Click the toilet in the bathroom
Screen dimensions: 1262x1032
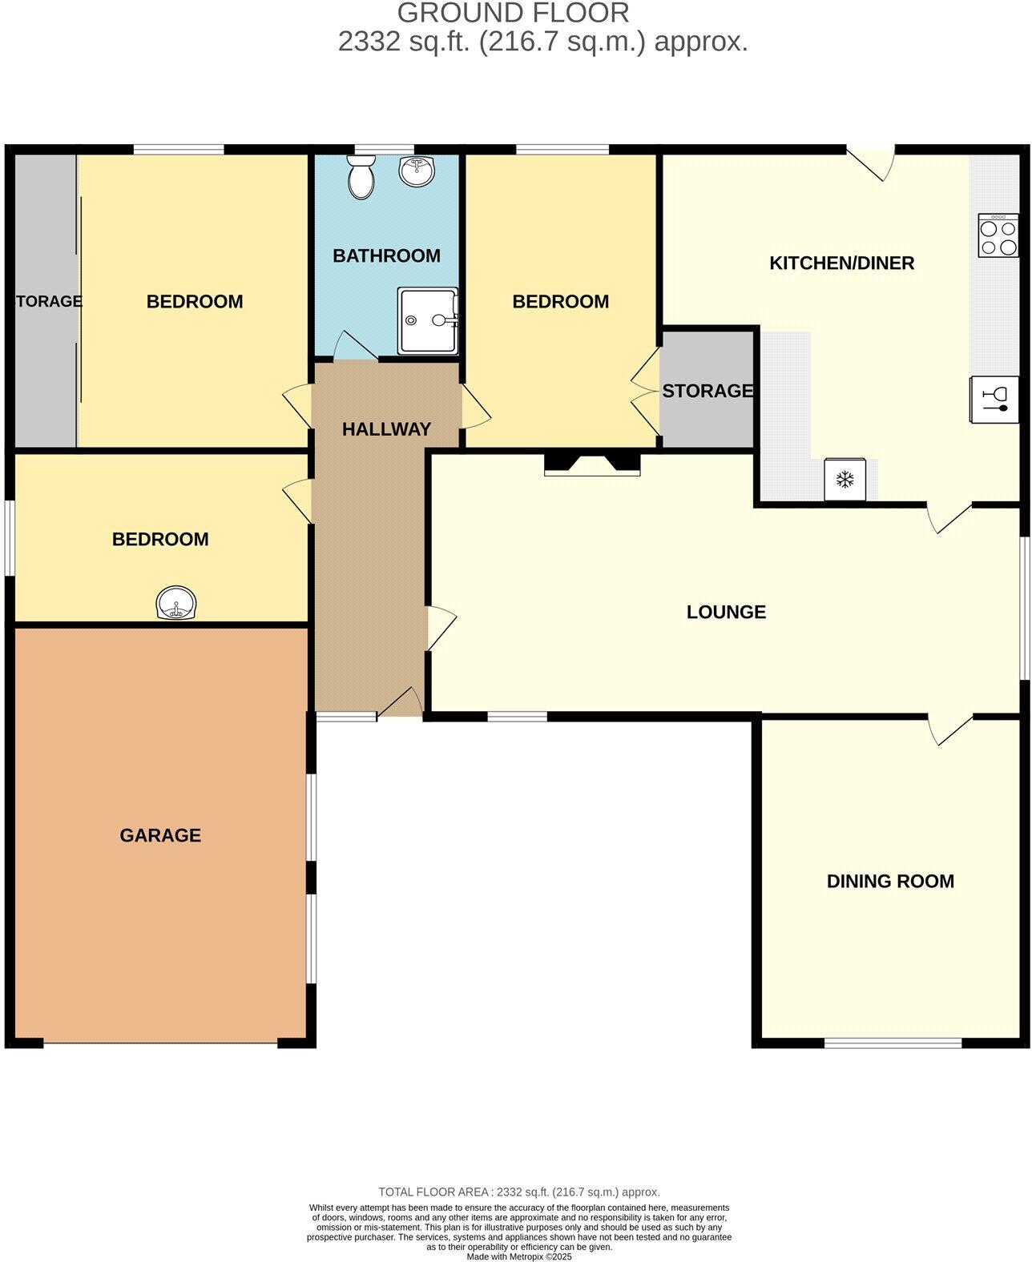(x=361, y=175)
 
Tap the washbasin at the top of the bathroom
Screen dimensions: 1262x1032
(x=416, y=171)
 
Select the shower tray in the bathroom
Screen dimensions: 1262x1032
(x=428, y=320)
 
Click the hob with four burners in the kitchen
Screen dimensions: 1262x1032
(x=998, y=235)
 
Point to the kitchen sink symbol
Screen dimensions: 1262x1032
(x=994, y=399)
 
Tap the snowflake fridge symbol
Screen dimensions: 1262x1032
(x=845, y=480)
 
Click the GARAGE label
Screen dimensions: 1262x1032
(x=160, y=835)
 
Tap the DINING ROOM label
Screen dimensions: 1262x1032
(x=890, y=881)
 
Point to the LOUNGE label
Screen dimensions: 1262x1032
(x=726, y=612)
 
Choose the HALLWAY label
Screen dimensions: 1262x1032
(x=386, y=429)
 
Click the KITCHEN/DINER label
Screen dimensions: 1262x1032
(x=841, y=263)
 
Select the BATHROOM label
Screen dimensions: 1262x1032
(x=386, y=255)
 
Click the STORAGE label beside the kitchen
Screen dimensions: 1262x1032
(x=707, y=391)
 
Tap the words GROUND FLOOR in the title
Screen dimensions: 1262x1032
(x=513, y=13)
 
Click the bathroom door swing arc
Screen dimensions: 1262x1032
(x=353, y=346)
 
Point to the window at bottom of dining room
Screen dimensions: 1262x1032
(x=893, y=1042)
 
